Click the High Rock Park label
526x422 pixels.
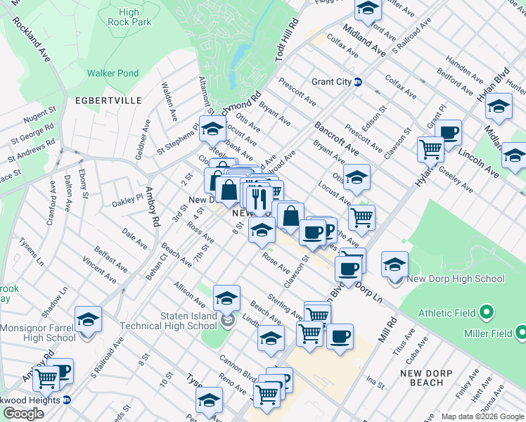129,17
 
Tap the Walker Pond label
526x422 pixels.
113,73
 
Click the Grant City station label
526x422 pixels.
331,82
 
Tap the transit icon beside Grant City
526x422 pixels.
358,82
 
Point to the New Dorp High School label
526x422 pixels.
456,279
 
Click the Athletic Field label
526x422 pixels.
447,313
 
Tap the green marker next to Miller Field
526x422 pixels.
520,331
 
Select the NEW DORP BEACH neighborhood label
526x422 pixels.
422,378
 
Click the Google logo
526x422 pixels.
23,414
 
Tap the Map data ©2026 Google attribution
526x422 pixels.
482,416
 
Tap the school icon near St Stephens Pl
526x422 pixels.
212,128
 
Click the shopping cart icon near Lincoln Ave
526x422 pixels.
430,148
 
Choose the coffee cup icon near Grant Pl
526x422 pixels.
448,132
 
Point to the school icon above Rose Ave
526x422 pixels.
262,229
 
